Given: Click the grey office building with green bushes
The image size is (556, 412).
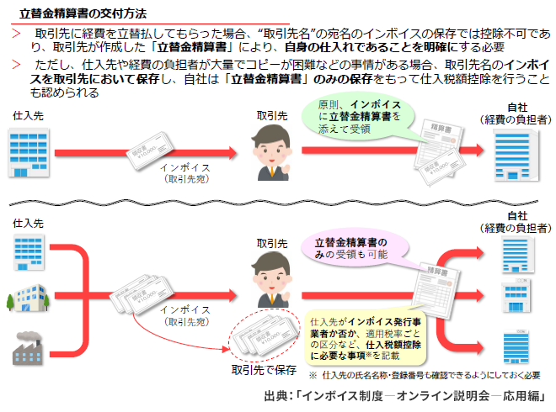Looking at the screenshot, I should pos(29,299).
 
